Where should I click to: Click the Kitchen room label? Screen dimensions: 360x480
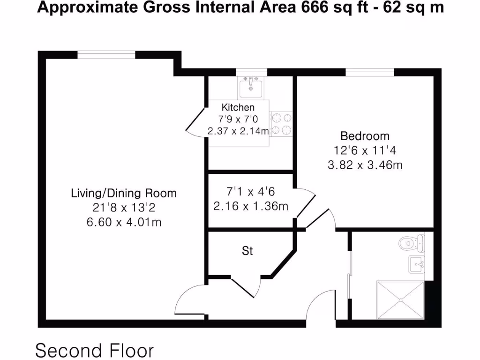point(238,107)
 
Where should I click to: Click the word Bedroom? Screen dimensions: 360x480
point(365,136)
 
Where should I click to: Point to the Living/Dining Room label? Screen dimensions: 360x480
point(124,193)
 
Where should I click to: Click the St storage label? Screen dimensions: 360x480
point(247,251)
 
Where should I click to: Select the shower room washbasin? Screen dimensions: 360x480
point(416,264)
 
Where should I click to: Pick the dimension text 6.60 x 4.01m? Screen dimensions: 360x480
point(124,222)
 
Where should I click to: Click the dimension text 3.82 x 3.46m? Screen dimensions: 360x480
point(365,165)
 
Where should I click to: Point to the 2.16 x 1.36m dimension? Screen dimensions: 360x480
point(250,206)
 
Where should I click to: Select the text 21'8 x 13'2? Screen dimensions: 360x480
point(124,207)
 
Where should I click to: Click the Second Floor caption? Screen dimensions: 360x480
point(95,350)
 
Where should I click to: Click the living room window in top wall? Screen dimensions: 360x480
point(106,55)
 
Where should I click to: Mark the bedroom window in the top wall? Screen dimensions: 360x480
point(370,72)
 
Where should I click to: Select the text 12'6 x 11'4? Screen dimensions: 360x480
point(365,150)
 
